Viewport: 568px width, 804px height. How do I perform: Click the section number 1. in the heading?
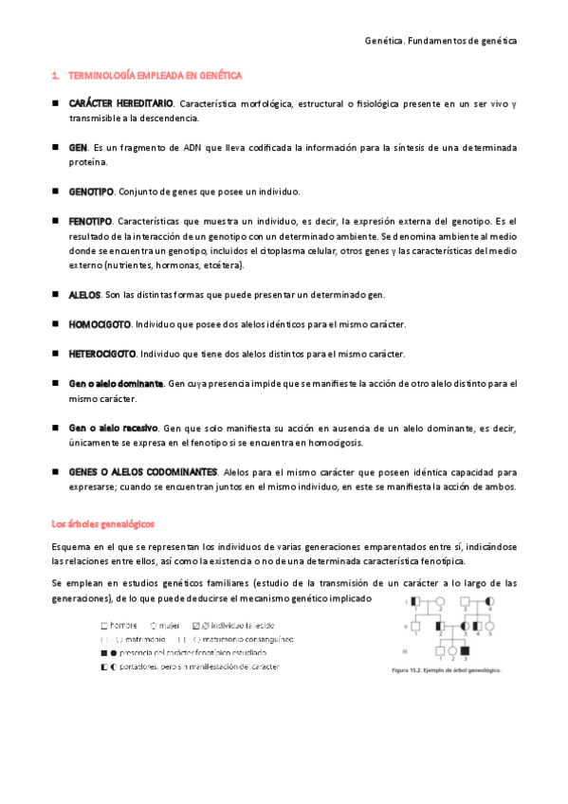point(55,74)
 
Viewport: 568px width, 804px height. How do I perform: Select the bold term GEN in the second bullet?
point(78,148)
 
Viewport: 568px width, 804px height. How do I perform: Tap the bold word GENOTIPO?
point(91,192)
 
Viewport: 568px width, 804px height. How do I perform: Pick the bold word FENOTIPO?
point(90,221)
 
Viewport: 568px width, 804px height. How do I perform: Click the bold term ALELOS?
point(85,295)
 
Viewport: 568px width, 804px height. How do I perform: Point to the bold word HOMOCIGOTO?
point(100,324)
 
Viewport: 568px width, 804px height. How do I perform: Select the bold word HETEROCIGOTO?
point(102,354)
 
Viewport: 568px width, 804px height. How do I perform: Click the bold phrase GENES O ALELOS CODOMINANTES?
point(143,471)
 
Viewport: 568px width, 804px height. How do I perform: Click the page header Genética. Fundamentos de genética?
point(441,42)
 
